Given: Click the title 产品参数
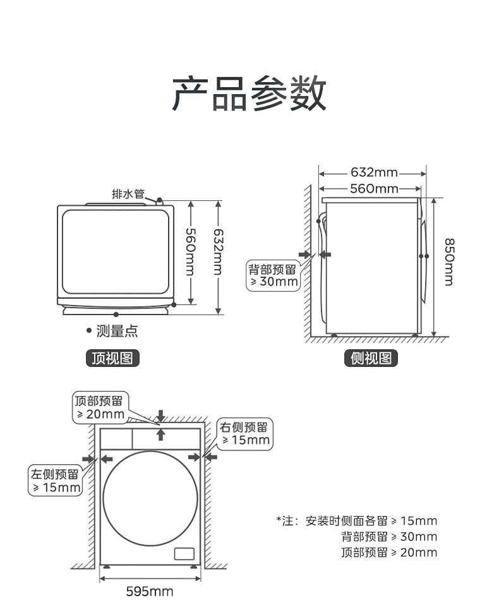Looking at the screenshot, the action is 249,93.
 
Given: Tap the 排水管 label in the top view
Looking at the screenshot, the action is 128,194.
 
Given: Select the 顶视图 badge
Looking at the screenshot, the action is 112,358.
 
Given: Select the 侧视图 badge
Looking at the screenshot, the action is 371,358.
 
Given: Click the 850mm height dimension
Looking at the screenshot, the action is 449,261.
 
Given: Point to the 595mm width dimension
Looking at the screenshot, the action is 150,591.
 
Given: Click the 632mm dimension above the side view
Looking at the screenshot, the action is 374,172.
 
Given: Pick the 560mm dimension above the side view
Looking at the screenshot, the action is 374,188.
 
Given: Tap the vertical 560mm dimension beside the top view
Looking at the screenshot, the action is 190,252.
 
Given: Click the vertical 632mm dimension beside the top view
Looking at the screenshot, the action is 218,252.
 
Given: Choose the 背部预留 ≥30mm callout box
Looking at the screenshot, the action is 273,275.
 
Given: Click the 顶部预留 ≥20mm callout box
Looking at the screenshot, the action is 100,407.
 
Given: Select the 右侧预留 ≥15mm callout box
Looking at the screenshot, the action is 245,433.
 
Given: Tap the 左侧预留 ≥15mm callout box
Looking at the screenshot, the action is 56,480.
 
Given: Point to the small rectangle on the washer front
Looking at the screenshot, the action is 184,554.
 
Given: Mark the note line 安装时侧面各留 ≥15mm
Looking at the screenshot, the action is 357,521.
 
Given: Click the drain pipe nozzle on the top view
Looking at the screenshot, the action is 159,201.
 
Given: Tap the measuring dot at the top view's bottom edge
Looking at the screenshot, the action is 116,314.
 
